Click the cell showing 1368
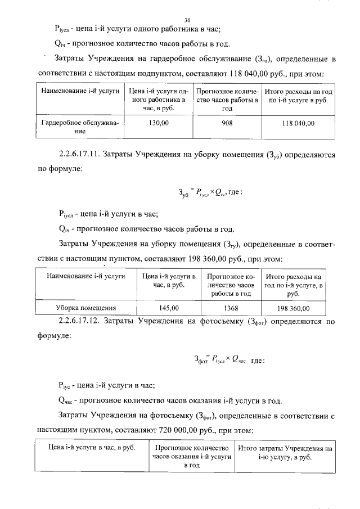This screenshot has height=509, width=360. tap(231, 308)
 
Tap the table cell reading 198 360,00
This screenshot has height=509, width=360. tap(293, 308)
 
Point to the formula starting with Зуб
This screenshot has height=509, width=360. tap(210, 192)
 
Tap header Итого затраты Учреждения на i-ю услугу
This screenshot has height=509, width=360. tap(285, 453)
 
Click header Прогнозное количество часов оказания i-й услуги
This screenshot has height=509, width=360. tap(192, 457)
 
